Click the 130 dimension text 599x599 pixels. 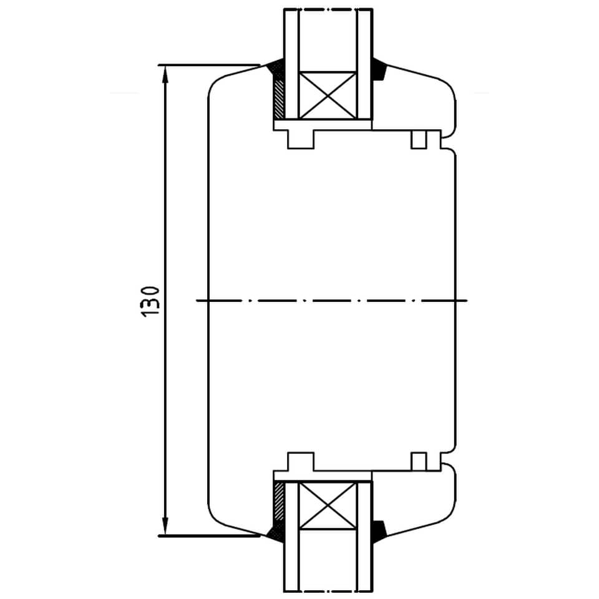[150, 301]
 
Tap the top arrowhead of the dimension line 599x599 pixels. [165, 74]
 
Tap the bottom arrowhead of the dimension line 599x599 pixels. [165, 527]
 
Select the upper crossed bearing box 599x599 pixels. [328, 95]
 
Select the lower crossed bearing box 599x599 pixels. [328, 506]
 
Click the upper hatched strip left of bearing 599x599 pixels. [279, 99]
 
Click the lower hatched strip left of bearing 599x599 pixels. [279, 501]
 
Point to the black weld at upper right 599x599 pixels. [379, 69]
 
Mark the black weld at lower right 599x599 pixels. [379, 531]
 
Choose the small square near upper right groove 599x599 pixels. [419, 139]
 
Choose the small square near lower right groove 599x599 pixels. [419, 462]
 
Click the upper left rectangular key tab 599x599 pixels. [301, 139]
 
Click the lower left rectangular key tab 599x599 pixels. [301, 462]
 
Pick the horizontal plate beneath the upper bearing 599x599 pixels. [323, 125]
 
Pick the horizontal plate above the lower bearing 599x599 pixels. [323, 476]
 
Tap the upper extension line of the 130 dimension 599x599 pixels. [210, 65]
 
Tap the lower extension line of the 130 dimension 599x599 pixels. [210, 535]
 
